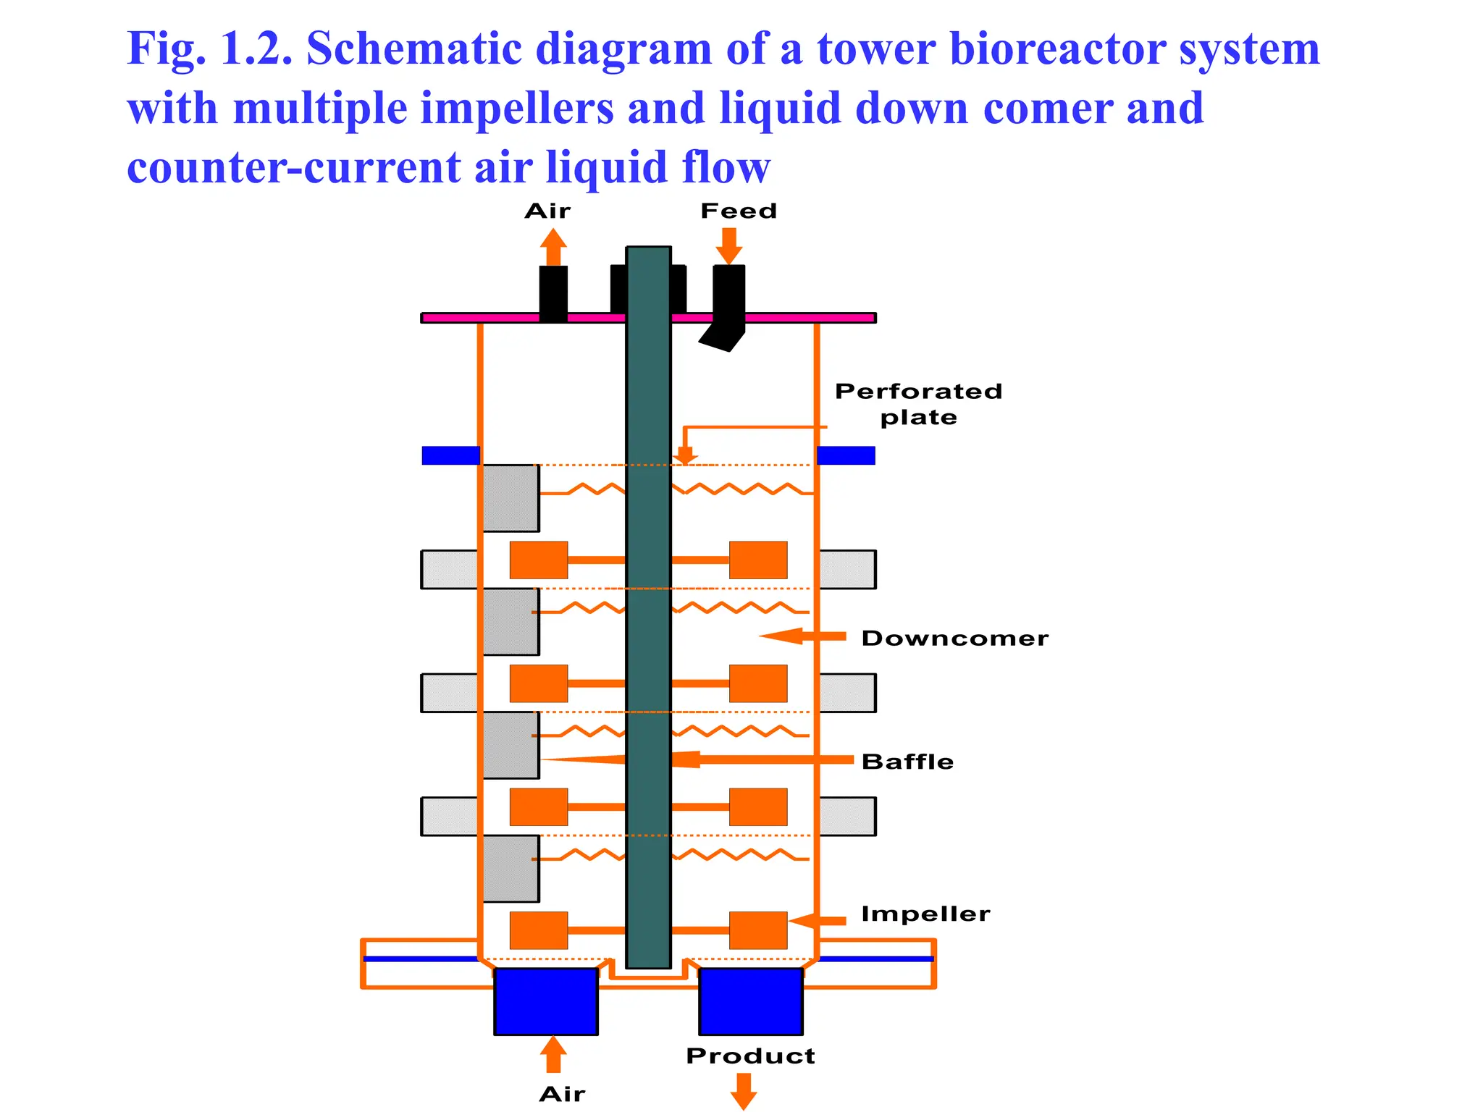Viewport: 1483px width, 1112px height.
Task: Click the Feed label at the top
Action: [738, 211]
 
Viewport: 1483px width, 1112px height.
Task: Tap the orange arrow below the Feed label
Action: [728, 246]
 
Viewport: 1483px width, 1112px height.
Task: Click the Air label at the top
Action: [547, 211]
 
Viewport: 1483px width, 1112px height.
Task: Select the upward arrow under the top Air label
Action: [553, 247]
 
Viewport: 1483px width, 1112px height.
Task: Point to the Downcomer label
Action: [954, 638]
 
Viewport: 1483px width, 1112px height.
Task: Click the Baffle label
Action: [907, 762]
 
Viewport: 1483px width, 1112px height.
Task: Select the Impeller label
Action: [925, 914]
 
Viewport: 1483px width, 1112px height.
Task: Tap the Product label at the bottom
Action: [750, 1056]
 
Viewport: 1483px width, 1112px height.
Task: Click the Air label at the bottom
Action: [562, 1093]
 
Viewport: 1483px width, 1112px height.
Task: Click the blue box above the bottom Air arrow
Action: [546, 1001]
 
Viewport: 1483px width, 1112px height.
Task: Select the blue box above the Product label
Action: [750, 1001]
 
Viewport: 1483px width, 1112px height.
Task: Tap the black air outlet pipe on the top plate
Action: [553, 293]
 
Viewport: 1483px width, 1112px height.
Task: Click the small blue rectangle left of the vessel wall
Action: [450, 455]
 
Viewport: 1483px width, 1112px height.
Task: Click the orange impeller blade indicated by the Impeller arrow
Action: [757, 930]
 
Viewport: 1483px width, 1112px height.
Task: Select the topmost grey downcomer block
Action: [511, 498]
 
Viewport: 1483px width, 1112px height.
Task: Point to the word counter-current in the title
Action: [293, 167]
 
